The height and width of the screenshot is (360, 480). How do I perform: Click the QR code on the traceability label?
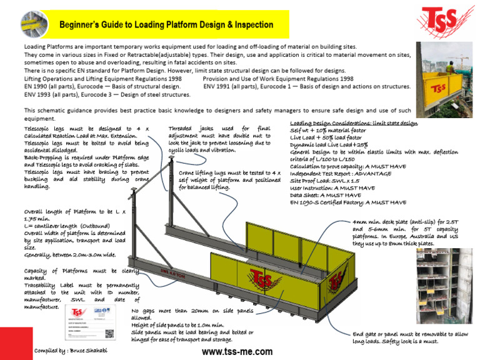[x=109, y=334]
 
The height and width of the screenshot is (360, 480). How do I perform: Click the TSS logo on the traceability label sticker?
[x=77, y=312]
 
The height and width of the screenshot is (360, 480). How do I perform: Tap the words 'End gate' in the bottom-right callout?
[x=367, y=334]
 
